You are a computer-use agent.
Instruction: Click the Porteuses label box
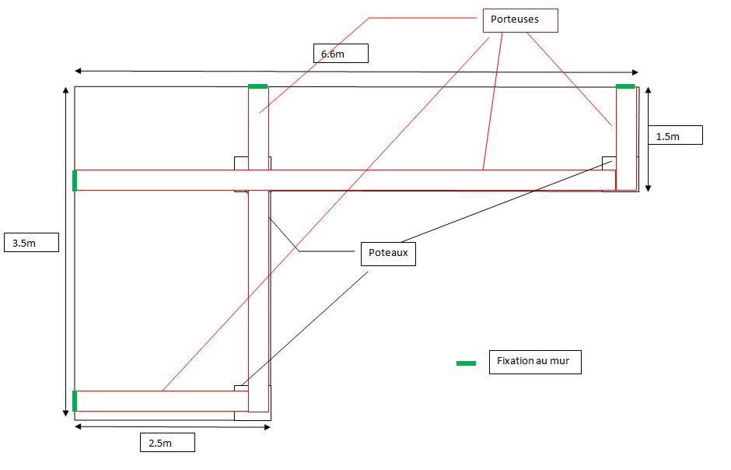(520, 20)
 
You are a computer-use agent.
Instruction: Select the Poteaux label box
(388, 253)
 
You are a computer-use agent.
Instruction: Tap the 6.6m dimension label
(340, 54)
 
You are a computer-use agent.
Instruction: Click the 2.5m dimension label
(166, 442)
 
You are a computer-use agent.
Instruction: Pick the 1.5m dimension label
(674, 135)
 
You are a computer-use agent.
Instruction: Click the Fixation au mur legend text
(535, 362)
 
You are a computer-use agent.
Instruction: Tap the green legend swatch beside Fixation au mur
(466, 363)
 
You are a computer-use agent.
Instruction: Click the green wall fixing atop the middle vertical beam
(257, 86)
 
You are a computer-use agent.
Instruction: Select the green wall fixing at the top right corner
(625, 86)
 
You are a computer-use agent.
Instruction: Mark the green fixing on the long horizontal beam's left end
(75, 181)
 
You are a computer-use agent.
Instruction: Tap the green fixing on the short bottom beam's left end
(75, 401)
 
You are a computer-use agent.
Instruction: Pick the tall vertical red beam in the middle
(258, 296)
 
